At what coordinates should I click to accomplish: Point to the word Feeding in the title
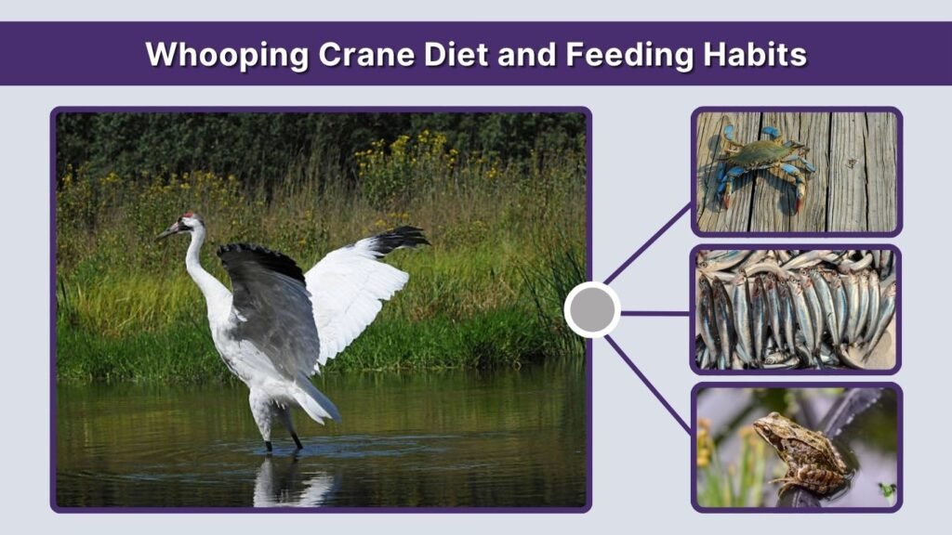[x=613, y=55]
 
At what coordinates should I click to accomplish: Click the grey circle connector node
[x=592, y=310]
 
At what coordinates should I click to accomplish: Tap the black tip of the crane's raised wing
[x=400, y=239]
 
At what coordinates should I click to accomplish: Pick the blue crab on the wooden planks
[x=760, y=162]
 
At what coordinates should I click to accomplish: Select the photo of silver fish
[x=796, y=310]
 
